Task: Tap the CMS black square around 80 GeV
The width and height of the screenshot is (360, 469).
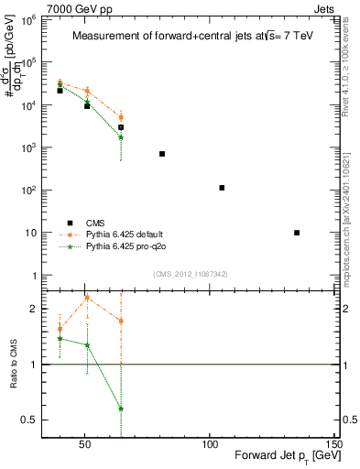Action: [x=162, y=154]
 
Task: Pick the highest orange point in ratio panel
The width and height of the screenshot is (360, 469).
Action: [x=87, y=298]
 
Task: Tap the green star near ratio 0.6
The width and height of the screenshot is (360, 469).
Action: [x=121, y=409]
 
